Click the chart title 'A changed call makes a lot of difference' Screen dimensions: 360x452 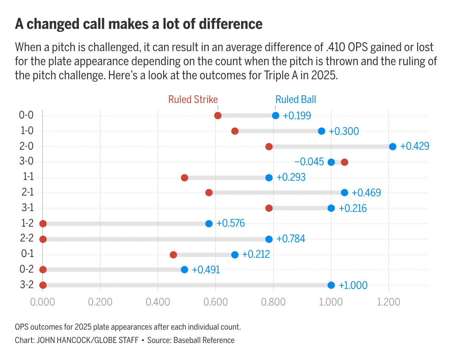click(x=139, y=24)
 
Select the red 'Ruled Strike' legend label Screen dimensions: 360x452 click(x=193, y=100)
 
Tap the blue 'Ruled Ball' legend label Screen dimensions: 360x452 click(x=296, y=100)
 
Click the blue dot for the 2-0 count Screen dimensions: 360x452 click(x=393, y=147)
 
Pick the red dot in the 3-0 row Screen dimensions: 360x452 click(x=345, y=162)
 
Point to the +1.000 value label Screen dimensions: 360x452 click(x=353, y=285)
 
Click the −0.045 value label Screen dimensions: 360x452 click(x=309, y=162)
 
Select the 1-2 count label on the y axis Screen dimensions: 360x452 click(x=26, y=223)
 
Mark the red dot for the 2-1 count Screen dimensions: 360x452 click(x=209, y=193)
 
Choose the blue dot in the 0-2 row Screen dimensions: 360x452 click(x=185, y=270)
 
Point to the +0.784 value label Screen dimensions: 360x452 click(x=291, y=239)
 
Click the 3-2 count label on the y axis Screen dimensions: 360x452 click(x=26, y=285)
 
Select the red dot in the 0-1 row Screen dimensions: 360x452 click(x=173, y=254)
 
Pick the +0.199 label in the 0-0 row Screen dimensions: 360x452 click(x=297, y=116)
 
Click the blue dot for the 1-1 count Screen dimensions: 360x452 click(x=269, y=178)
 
